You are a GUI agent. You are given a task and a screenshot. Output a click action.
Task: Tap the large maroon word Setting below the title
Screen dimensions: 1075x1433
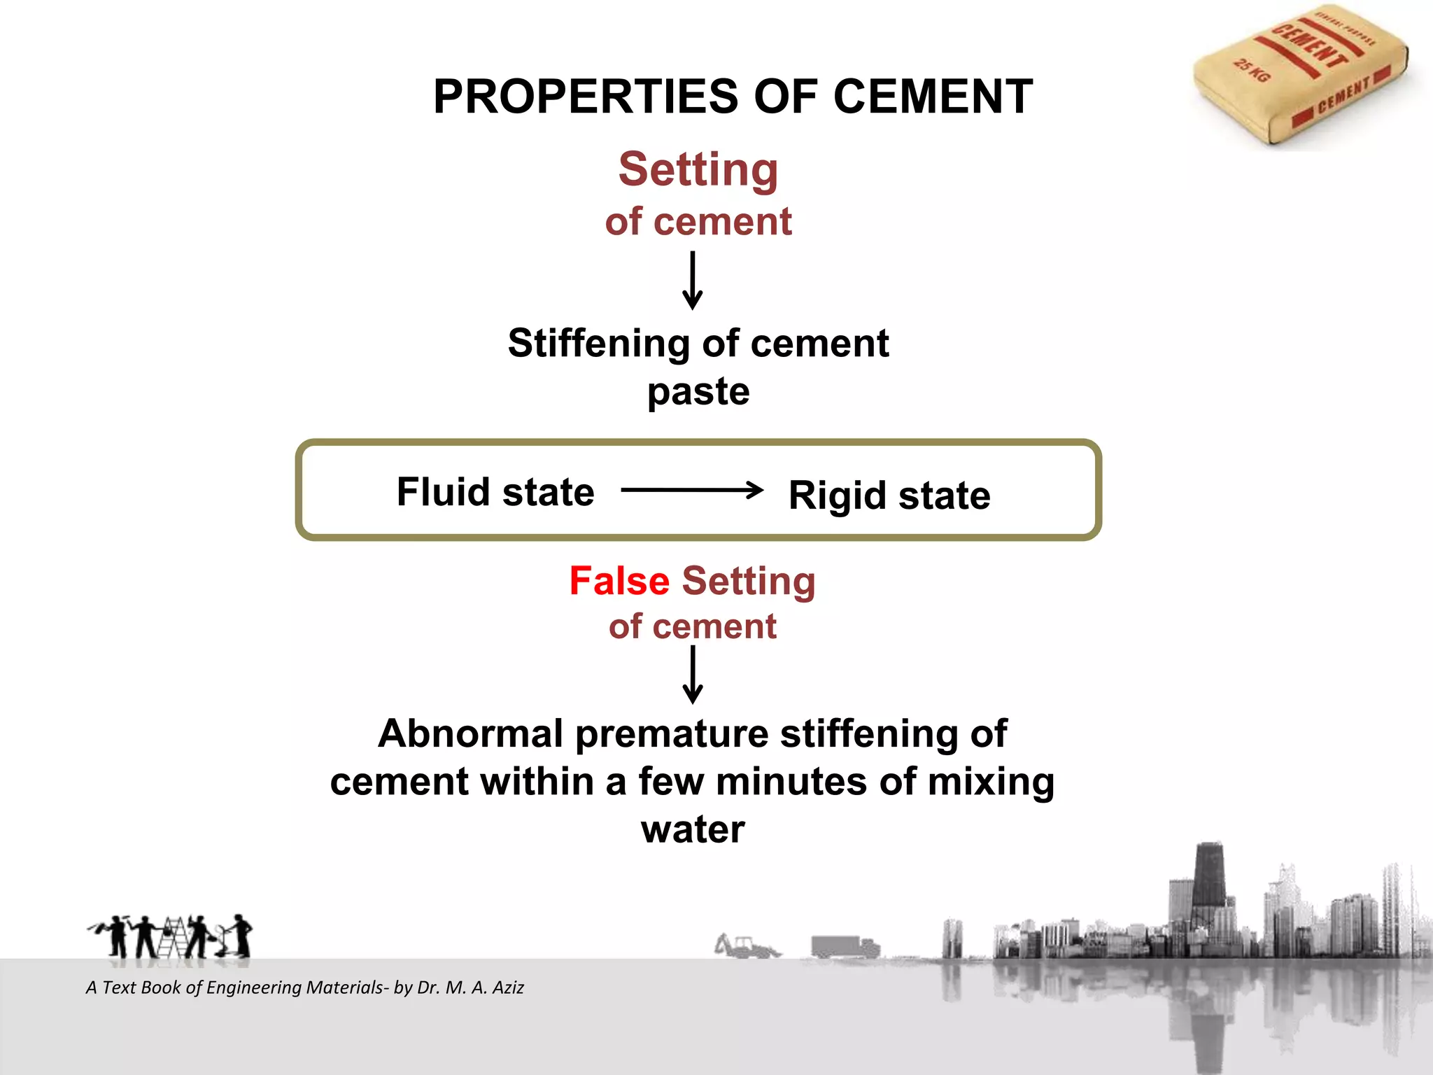pos(698,169)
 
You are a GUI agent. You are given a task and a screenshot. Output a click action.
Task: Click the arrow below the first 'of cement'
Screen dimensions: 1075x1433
pos(693,280)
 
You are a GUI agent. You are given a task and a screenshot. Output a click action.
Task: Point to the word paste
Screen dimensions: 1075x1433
pos(698,391)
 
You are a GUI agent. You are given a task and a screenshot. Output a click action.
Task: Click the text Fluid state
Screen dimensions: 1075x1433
pos(495,491)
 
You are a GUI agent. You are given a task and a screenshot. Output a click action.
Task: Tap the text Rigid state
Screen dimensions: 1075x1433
pos(889,496)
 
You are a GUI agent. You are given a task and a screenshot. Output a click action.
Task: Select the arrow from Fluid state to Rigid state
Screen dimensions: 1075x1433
pos(692,490)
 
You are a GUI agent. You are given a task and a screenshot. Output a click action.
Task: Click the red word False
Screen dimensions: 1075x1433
pos(619,581)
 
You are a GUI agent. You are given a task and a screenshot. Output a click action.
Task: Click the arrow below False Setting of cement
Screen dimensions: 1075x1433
pos(693,674)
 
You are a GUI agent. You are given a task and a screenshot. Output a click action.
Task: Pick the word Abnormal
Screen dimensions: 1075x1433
pos(470,734)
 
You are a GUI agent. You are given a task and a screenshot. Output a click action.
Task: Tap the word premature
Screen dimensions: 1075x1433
pos(671,734)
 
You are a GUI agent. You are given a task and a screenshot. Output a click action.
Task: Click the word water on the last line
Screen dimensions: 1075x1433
pos(693,829)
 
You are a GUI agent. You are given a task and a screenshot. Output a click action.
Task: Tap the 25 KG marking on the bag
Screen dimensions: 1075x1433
pos(1251,71)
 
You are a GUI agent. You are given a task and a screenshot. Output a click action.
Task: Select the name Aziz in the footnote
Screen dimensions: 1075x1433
pos(508,988)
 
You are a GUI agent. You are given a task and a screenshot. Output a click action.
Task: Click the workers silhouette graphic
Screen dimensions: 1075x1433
pos(170,936)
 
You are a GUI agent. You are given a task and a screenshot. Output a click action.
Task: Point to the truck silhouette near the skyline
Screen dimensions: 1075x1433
pos(844,947)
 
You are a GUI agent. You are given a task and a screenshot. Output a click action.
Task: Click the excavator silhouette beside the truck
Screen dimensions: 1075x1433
pos(745,946)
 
